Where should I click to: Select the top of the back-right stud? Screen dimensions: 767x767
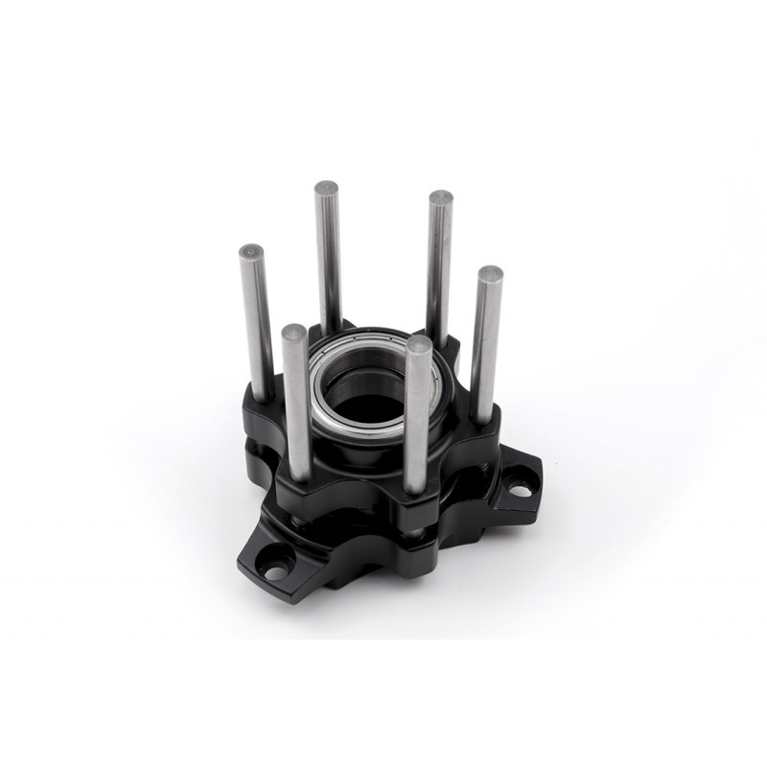tap(440, 198)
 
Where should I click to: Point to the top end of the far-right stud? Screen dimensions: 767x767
tap(491, 274)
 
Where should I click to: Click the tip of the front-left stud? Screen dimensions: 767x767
tap(294, 334)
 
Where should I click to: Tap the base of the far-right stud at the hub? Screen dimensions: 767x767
tap(481, 420)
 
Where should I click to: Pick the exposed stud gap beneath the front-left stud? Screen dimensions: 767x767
tap(300, 519)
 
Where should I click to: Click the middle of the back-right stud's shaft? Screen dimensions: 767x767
tap(438, 268)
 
